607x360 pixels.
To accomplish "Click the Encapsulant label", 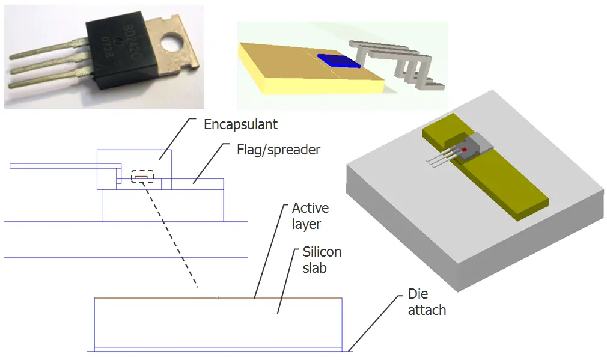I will pyautogui.click(x=240, y=125).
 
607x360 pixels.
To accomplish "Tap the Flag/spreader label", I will pyautogui.click(x=278, y=149).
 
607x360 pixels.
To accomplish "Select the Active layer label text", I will pyautogui.click(x=310, y=216).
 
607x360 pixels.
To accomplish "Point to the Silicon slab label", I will pyautogui.click(x=322, y=260).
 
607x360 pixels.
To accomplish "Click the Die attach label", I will pyautogui.click(x=427, y=302).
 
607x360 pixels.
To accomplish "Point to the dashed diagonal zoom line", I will pyautogui.click(x=171, y=234).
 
